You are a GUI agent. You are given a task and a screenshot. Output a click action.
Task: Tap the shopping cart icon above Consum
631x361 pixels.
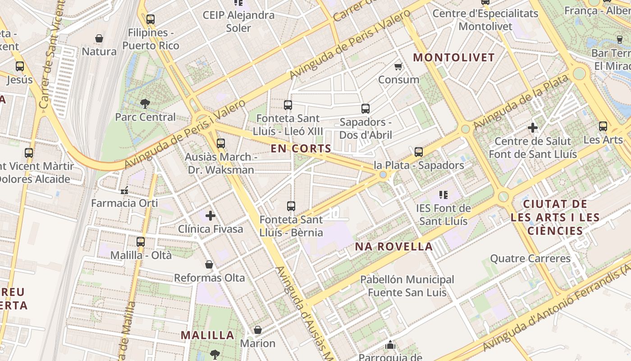[398, 67]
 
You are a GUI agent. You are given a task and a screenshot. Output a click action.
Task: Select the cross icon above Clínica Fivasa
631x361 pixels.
[210, 216]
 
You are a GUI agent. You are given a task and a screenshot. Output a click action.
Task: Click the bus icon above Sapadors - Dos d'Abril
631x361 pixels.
[365, 109]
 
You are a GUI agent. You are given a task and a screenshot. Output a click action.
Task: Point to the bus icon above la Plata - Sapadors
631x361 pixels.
[419, 152]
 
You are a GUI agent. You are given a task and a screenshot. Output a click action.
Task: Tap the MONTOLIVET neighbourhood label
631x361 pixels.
[454, 58]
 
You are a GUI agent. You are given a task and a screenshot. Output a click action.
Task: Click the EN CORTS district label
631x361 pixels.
[301, 148]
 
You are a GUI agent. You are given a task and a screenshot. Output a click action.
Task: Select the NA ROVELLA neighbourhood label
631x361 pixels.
[394, 247]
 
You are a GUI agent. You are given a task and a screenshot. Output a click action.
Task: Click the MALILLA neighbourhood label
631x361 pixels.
[207, 335]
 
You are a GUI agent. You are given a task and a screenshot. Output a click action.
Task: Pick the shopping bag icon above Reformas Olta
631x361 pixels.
[209, 264]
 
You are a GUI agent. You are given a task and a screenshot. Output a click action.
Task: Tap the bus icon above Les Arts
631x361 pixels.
[603, 126]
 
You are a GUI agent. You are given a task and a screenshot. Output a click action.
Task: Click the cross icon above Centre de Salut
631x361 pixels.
[533, 128]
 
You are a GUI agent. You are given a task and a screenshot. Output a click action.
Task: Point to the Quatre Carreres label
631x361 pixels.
[530, 259]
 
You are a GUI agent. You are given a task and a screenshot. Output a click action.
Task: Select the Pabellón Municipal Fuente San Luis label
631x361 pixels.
[407, 286]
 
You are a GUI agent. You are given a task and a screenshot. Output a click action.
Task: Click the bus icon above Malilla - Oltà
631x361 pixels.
[141, 242]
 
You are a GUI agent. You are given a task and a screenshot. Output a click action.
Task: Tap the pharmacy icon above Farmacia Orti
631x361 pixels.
[124, 190]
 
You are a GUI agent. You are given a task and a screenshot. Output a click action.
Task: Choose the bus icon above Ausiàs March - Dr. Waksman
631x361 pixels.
[220, 143]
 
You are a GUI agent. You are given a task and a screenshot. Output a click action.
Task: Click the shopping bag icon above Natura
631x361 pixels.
[99, 38]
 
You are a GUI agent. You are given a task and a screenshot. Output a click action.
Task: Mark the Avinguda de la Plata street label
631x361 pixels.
[521, 102]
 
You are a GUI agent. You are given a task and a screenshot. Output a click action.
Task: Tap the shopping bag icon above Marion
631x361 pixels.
[257, 330]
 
